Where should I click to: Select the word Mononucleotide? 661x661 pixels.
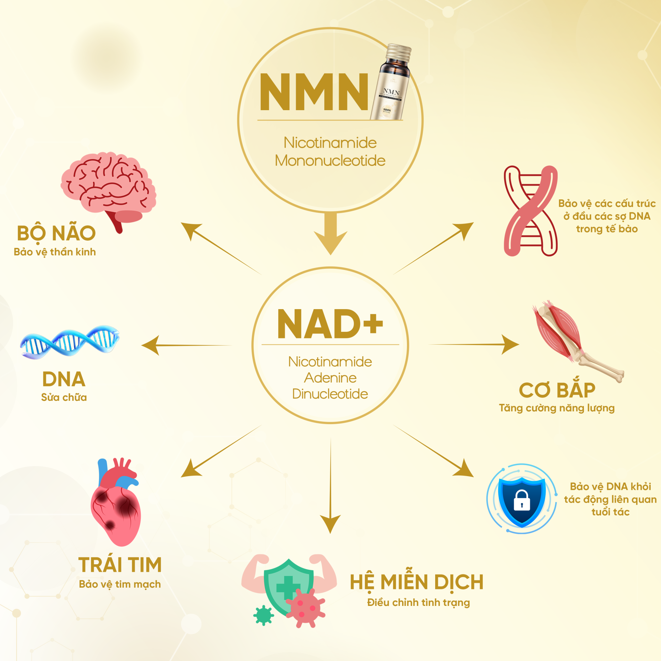click(x=330, y=161)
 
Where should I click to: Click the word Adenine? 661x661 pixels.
click(x=330, y=378)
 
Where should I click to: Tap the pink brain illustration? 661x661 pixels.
click(x=108, y=186)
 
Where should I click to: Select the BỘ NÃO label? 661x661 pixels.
click(x=56, y=233)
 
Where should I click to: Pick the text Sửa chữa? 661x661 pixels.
click(x=64, y=397)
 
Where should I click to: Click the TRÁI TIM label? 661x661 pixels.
click(x=120, y=565)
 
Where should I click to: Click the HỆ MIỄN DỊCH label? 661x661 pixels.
click(x=417, y=582)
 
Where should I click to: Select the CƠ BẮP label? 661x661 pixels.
click(x=557, y=390)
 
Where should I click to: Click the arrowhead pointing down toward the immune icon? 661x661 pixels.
click(x=330, y=523)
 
